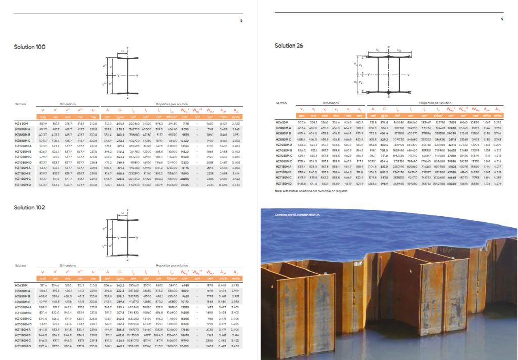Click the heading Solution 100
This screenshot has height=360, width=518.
pyautogui.click(x=29, y=47)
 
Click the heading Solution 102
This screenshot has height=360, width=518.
pyautogui.click(x=29, y=207)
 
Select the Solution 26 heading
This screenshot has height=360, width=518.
pyautogui.click(x=289, y=46)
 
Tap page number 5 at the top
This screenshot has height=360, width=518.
pyautogui.click(x=241, y=20)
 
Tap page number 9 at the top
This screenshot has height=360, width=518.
pyautogui.click(x=502, y=19)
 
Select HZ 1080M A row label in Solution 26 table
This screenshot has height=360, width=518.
pyautogui.click(x=285, y=144)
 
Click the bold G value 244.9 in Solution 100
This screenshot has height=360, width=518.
pyautogui.click(x=121, y=123)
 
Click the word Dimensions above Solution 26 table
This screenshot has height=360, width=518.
pyautogui.click(x=331, y=103)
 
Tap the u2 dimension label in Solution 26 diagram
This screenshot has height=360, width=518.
pyautogui.click(x=399, y=50)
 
